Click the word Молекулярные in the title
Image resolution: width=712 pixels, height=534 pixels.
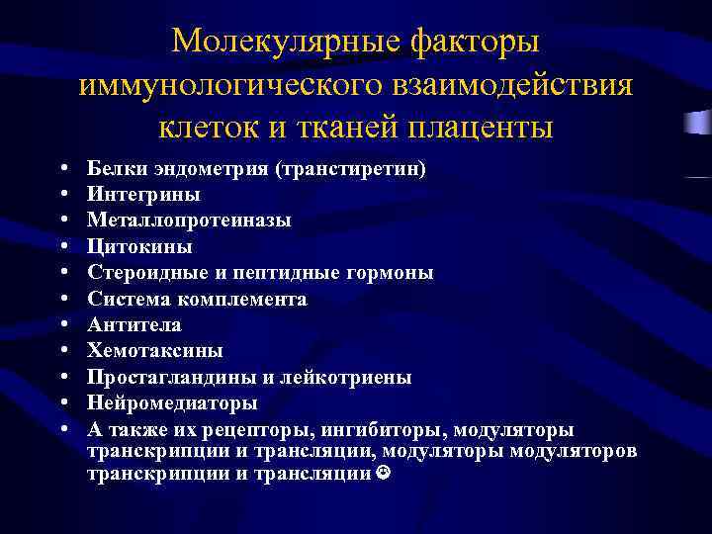283,42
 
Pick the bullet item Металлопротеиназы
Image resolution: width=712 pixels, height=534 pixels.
189,221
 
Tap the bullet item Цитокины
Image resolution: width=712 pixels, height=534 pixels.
139,246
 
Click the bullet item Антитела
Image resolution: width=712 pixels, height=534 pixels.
133,324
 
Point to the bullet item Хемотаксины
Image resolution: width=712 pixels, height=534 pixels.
154,351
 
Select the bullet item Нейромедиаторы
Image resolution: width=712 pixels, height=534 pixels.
172,403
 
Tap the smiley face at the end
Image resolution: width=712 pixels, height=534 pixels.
383,474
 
